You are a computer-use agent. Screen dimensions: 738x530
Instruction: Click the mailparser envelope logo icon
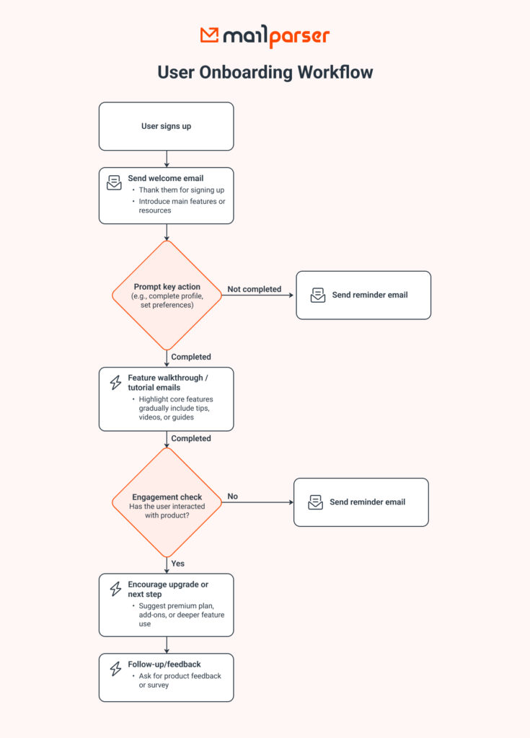point(210,35)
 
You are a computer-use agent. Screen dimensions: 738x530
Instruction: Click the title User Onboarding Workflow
point(265,72)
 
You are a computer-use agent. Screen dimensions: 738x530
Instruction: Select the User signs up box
point(167,126)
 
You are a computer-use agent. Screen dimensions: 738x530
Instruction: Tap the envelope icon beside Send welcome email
point(115,182)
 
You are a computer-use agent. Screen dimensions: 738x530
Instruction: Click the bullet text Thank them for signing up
point(182,190)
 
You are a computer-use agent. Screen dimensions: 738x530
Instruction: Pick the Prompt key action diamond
point(167,295)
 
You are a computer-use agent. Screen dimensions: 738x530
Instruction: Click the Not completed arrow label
point(254,289)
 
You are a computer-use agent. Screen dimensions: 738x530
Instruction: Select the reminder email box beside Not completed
point(363,295)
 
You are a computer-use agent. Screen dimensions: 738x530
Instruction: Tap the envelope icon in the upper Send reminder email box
point(318,295)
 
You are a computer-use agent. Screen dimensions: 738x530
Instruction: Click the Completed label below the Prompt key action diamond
point(191,357)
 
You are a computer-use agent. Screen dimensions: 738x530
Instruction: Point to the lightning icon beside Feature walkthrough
point(115,383)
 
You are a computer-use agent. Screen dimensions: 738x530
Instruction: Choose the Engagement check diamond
point(167,502)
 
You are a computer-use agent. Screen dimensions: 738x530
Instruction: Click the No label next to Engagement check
point(233,497)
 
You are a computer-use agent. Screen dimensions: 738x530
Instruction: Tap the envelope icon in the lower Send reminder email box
point(316,502)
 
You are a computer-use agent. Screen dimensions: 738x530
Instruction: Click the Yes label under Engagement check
point(178,563)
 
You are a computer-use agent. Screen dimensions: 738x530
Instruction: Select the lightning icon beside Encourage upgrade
point(115,590)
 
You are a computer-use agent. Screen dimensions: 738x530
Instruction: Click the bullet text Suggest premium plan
point(177,605)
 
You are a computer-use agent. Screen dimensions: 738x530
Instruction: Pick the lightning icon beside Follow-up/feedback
point(115,669)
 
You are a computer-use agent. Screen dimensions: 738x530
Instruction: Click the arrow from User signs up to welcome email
point(167,159)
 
